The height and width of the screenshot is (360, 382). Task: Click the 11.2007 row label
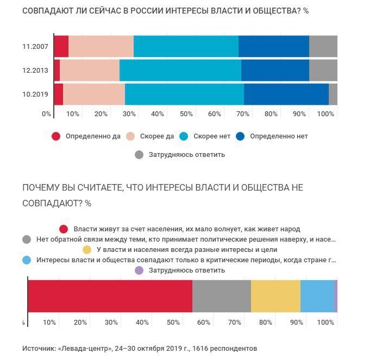[36, 46]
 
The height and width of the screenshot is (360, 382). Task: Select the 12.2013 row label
[36, 70]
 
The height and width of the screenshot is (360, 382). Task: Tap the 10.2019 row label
[36, 94]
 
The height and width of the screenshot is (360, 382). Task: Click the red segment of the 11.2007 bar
[61, 46]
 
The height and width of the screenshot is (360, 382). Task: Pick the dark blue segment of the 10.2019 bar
[286, 94]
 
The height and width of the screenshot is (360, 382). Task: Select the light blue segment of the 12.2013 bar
[180, 70]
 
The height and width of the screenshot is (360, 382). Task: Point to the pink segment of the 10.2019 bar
[94, 94]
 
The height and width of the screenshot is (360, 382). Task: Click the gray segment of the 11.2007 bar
[323, 46]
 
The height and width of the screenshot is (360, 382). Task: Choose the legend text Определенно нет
[279, 136]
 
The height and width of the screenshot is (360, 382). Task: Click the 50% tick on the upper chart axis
[186, 114]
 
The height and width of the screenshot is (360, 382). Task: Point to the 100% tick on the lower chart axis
[325, 323]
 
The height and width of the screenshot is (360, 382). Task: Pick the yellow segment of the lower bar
[275, 296]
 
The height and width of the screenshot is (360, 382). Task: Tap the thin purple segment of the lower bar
[336, 296]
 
